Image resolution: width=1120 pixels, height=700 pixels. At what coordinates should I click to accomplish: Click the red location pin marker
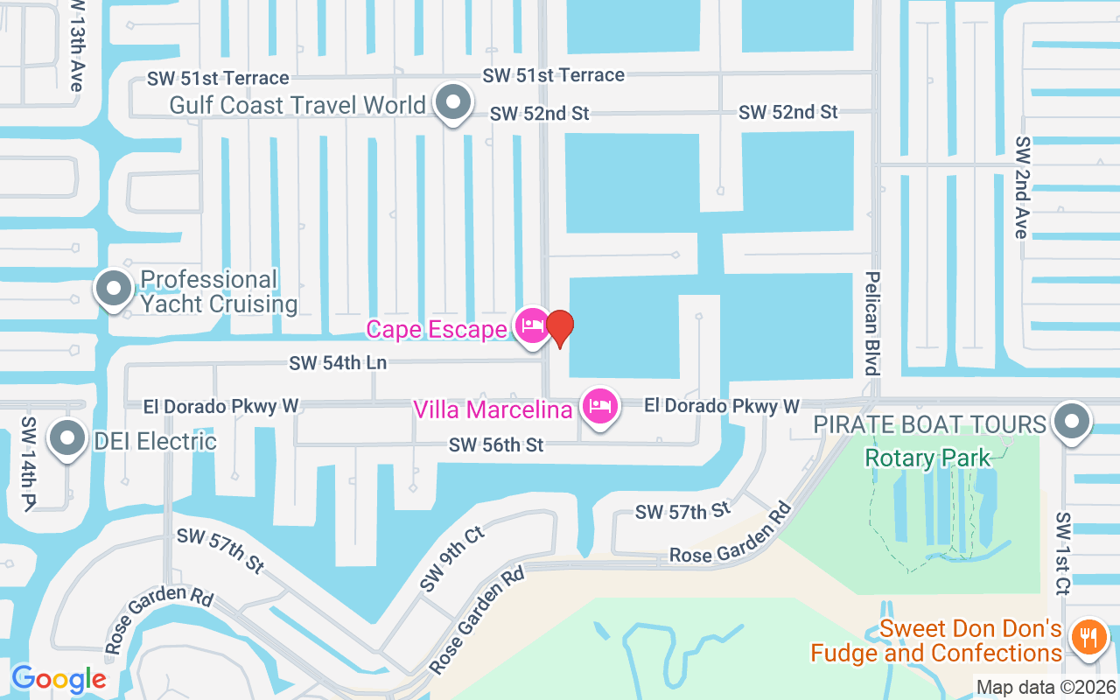click(559, 327)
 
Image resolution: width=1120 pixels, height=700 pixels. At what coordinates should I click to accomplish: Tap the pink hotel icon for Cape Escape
click(531, 327)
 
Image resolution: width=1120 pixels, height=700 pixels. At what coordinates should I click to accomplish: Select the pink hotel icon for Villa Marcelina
click(599, 407)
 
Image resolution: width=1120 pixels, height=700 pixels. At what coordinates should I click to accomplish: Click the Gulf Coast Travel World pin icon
click(452, 102)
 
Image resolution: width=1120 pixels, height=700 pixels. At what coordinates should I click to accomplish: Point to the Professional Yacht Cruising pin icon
click(114, 289)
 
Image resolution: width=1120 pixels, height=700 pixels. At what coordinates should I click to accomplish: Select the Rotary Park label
click(927, 457)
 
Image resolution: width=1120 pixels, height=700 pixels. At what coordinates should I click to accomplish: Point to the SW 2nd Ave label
click(1020, 187)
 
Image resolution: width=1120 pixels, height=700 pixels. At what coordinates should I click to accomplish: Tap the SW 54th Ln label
click(339, 362)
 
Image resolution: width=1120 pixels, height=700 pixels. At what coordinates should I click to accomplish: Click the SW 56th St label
click(496, 445)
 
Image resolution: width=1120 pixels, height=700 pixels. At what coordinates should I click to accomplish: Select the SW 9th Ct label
click(451, 558)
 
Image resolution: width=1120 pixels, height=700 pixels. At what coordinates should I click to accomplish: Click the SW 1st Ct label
click(1063, 554)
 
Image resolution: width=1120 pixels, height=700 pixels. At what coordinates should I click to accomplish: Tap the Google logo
click(59, 678)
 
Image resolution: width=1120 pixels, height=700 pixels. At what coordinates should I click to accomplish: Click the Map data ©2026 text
click(1046, 688)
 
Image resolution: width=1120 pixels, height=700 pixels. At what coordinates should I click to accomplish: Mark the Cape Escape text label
click(437, 329)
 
